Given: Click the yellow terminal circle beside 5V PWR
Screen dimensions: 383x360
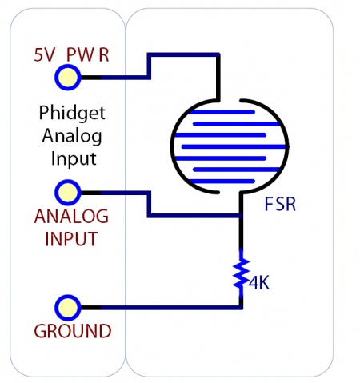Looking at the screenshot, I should [67, 78].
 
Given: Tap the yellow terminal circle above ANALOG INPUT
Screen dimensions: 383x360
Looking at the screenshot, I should [67, 193].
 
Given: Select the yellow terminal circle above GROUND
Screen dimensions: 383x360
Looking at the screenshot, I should [67, 307].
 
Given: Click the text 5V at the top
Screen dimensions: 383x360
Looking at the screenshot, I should [45, 57].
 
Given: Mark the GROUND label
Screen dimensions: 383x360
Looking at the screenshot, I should [72, 331].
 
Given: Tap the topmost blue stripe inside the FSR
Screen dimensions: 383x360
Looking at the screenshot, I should [229, 113].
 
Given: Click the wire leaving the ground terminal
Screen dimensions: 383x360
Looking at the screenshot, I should [160, 307].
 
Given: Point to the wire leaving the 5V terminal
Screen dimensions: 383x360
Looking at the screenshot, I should [116, 78].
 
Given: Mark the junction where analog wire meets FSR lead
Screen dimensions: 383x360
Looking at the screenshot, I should [241, 216].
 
